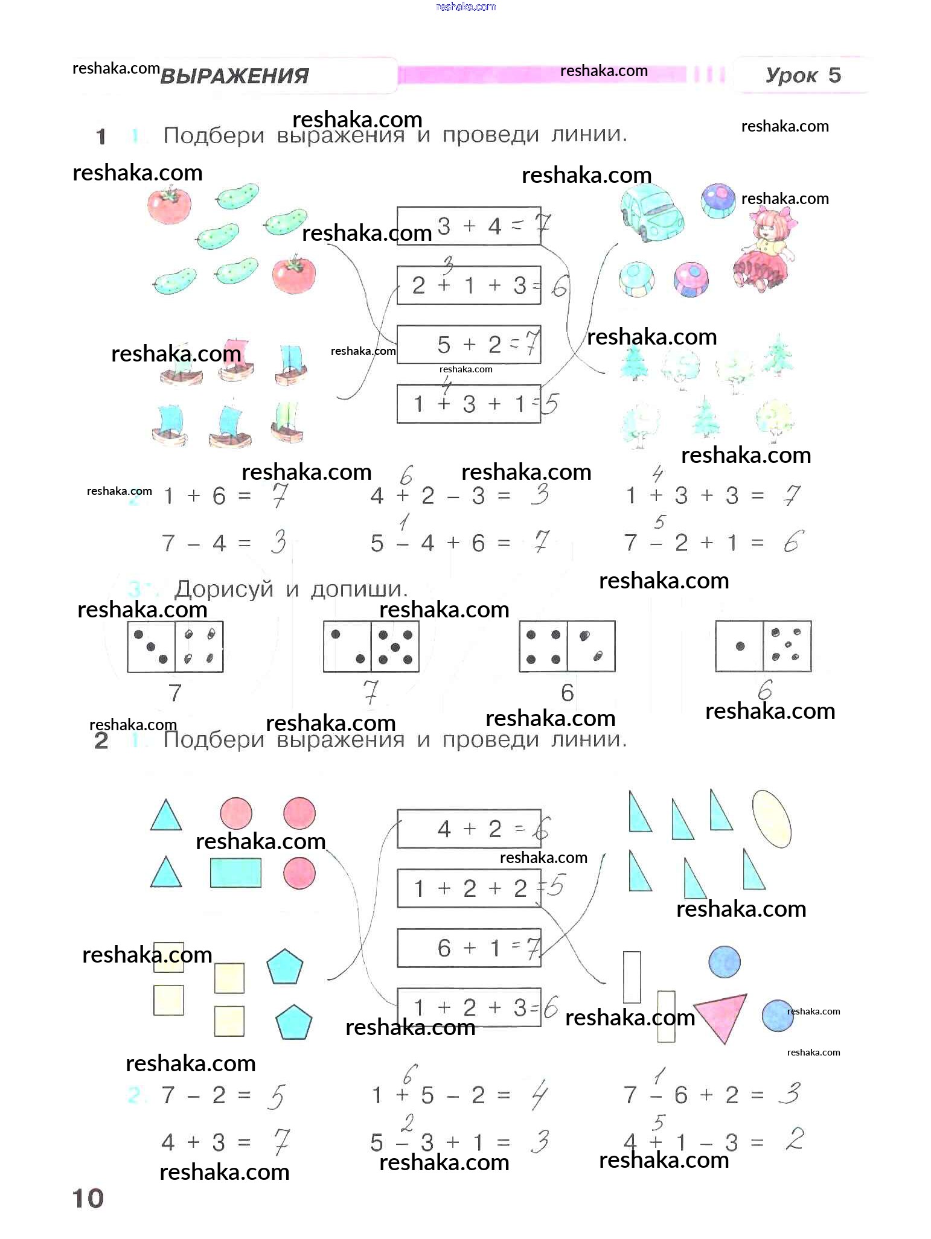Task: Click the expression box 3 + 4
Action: [468, 226]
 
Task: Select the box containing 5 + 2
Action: [468, 345]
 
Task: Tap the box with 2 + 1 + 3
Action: [468, 285]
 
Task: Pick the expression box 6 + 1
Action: [468, 948]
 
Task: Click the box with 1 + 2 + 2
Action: [468, 888]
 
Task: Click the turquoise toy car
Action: [651, 212]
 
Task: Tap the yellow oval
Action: [771, 819]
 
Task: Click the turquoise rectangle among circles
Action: [235, 873]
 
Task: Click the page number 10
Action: [88, 1199]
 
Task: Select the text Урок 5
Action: [802, 75]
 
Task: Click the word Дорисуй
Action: [224, 589]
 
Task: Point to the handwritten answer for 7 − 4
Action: [278, 542]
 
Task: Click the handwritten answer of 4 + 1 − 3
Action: [795, 1139]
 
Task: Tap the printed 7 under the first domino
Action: [175, 693]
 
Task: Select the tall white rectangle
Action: [632, 977]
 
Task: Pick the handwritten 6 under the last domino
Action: [765, 689]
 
